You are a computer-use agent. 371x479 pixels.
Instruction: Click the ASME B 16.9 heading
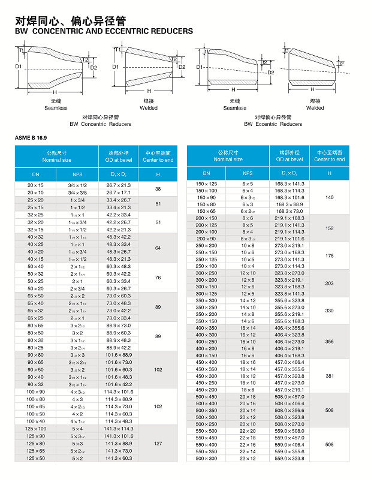coord(31,138)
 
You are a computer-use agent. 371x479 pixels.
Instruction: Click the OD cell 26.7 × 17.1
coord(118,192)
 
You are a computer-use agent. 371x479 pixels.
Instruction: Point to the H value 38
coord(158,189)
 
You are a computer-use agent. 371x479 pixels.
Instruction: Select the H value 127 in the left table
coord(158,444)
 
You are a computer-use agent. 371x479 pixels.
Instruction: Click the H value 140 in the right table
coord(329,197)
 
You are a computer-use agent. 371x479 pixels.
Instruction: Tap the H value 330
coord(329,311)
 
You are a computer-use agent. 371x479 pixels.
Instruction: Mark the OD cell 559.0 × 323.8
coord(289,459)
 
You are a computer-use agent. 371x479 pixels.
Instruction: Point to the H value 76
coord(158,278)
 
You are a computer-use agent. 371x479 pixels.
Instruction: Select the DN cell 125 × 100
coord(35,429)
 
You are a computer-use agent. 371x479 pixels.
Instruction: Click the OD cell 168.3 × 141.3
coord(289,183)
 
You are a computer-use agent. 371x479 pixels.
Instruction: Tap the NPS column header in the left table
coord(77,174)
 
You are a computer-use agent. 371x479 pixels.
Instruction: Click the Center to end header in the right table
coord(329,159)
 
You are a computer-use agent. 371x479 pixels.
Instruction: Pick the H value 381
coord(329,376)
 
